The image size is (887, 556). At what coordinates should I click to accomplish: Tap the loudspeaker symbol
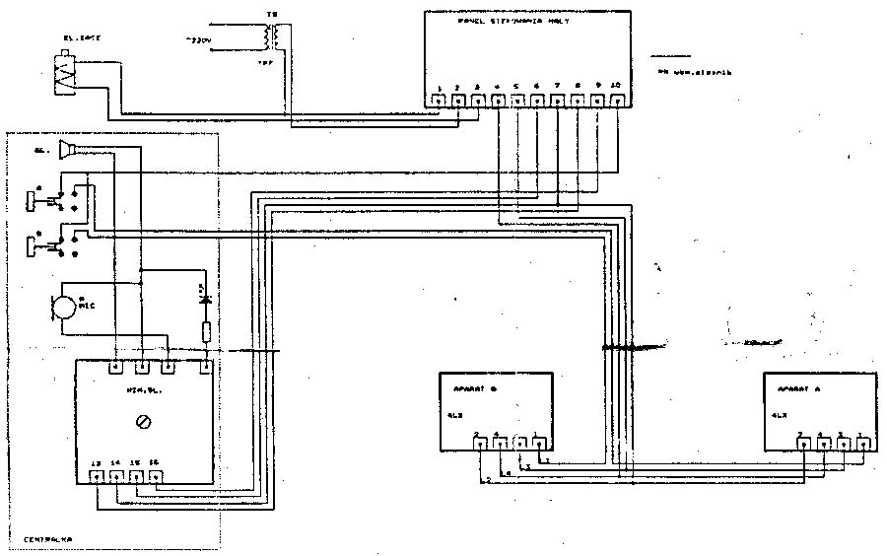(x=68, y=150)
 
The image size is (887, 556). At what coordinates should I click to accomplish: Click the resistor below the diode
(x=205, y=330)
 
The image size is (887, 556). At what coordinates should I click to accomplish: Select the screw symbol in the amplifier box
(x=145, y=421)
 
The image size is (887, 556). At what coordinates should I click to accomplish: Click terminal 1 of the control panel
(x=438, y=100)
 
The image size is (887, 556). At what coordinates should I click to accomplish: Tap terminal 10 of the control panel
(x=616, y=100)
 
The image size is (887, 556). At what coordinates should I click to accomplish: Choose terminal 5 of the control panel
(x=516, y=100)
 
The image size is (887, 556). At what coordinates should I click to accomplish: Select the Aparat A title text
(x=797, y=388)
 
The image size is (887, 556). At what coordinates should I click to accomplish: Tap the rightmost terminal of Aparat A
(x=862, y=444)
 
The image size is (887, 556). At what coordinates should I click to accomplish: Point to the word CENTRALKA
(x=50, y=539)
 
